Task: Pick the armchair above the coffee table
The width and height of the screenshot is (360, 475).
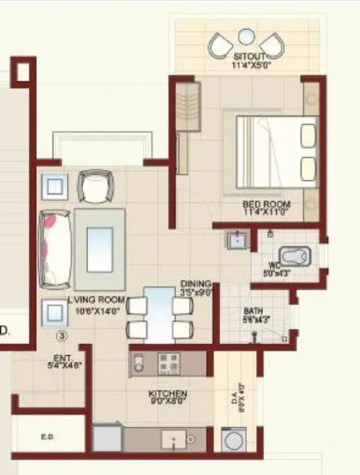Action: [92, 189]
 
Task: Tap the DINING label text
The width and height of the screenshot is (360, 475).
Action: [195, 284]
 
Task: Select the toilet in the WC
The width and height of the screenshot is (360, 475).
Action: [291, 256]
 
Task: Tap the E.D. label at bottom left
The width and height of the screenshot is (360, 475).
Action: [47, 438]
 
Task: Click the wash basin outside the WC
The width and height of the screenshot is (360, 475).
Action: [236, 240]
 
